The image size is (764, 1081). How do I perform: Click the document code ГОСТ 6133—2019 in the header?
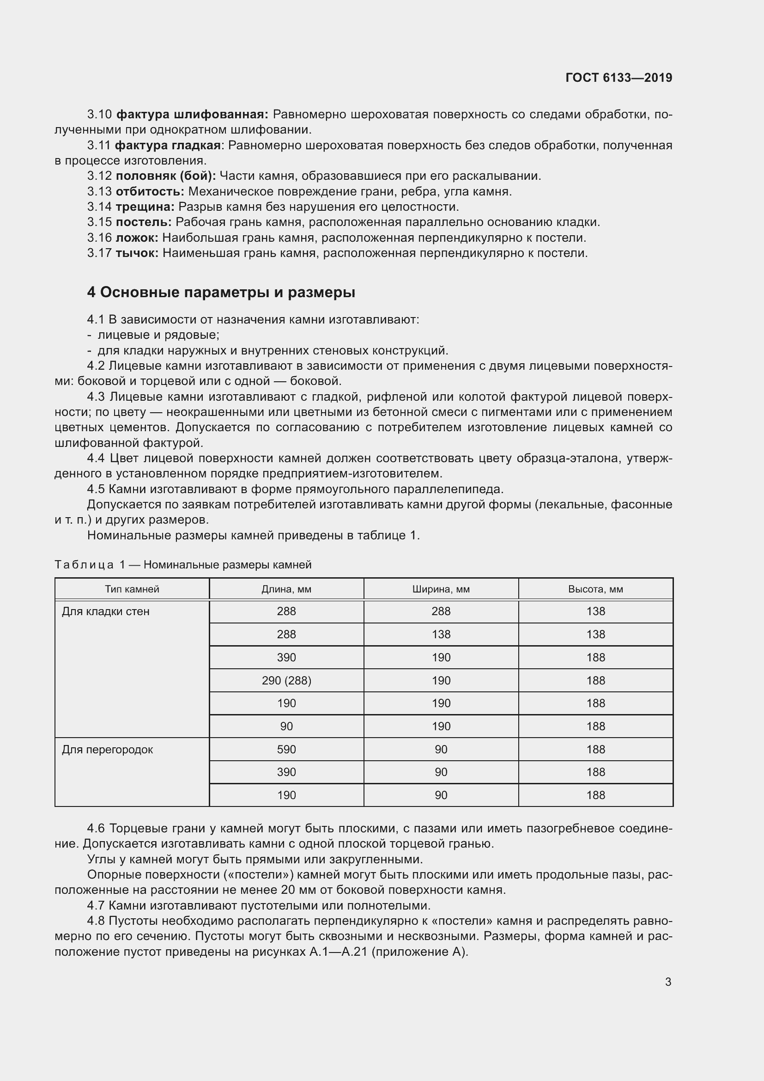point(618,78)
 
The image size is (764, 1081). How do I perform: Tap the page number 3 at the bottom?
point(668,982)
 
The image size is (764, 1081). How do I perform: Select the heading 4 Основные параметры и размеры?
point(221,293)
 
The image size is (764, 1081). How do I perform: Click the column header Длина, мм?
point(286,589)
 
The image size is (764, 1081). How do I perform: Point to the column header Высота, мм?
point(595,589)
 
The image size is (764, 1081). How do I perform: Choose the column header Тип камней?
point(132,589)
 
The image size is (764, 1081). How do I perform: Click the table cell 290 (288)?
point(286,680)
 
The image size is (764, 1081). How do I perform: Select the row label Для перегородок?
point(107,750)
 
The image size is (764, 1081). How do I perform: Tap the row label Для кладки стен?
point(105,611)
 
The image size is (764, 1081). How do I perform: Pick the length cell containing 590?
point(286,750)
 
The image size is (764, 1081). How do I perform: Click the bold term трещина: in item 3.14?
point(145,207)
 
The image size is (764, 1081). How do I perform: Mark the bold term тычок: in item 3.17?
point(137,253)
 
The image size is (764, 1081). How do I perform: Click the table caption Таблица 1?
point(90,564)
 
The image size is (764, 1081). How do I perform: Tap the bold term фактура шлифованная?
point(192,115)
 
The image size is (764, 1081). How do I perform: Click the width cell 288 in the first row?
point(441,611)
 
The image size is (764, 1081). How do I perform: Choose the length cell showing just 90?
point(286,727)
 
